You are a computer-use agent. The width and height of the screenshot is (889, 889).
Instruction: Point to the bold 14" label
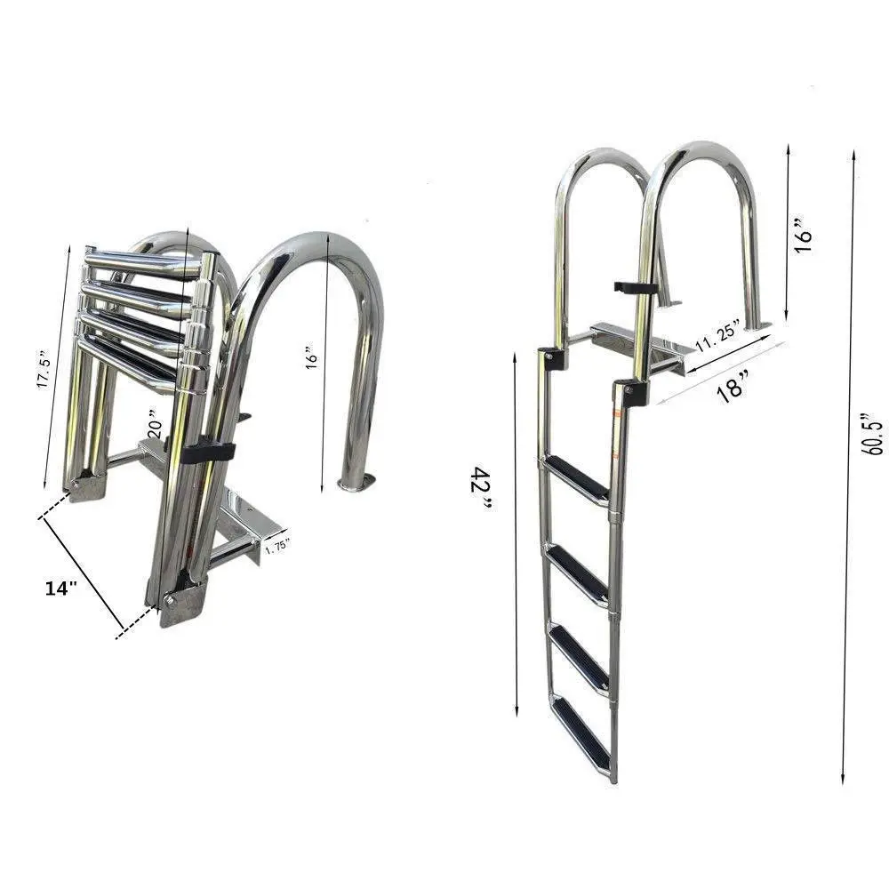click(x=61, y=588)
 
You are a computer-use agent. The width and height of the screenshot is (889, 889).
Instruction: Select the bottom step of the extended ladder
click(x=582, y=734)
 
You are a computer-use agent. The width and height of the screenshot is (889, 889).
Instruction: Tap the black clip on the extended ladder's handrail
click(x=636, y=288)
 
